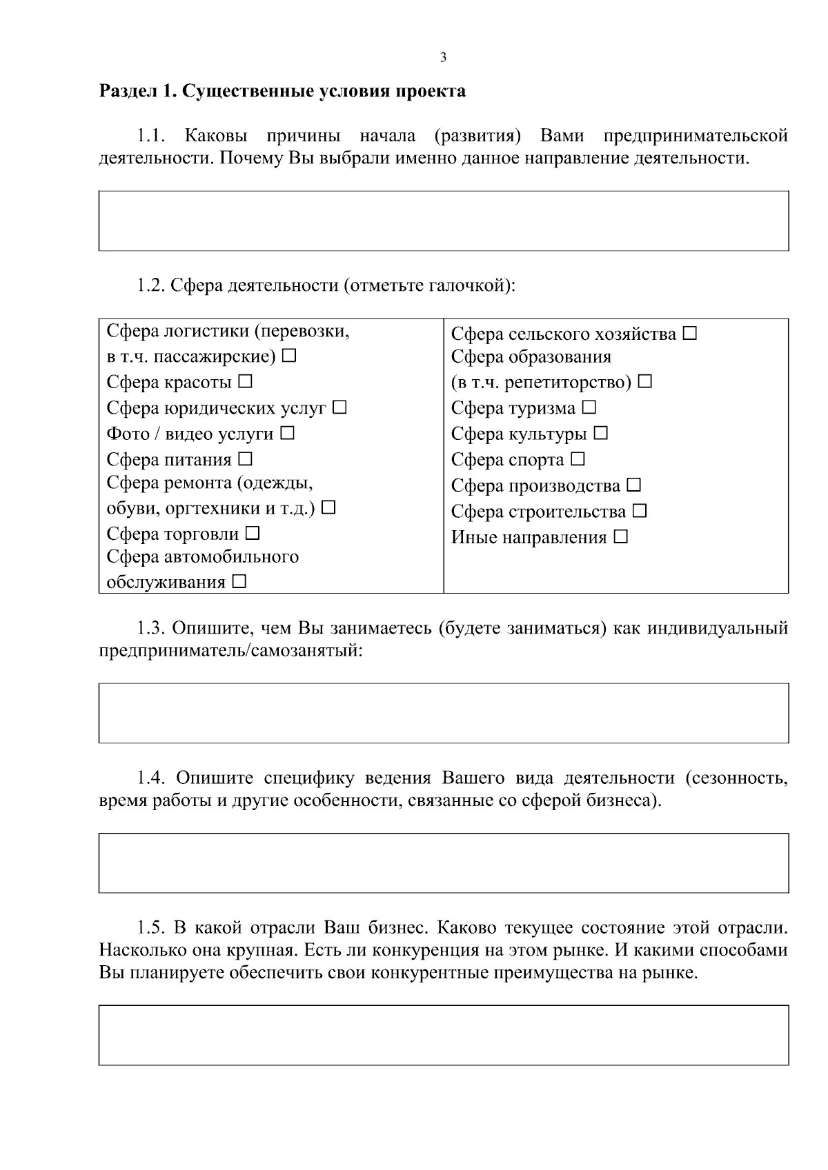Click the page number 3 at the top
pos(443,58)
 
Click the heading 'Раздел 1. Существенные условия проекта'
pos(282,91)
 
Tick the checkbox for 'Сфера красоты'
pos(246,381)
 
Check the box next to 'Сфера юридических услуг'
pos(339,407)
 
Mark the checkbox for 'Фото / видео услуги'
pos(288,433)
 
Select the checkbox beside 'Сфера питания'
pos(246,458)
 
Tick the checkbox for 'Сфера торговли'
pos(253,533)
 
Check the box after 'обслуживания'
pos(239,582)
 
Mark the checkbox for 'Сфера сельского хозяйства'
pos(690,334)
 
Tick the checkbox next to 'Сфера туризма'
pos(589,407)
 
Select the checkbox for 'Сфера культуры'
pos(601,433)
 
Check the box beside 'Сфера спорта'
pos(578,458)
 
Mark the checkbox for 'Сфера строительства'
pos(640,511)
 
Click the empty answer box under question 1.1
pos(443,221)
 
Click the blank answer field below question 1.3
pos(443,713)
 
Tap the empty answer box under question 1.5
pos(443,1035)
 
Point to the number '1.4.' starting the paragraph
pos(150,778)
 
